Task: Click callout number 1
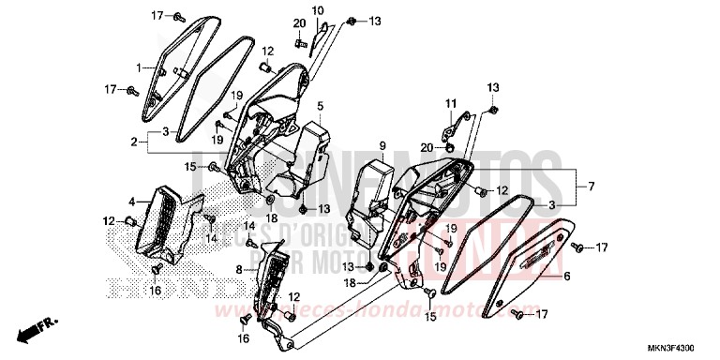[x=138, y=67]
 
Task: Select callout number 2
[x=136, y=142]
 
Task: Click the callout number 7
[x=592, y=186]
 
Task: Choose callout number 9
[x=382, y=145]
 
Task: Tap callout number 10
[x=317, y=10]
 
